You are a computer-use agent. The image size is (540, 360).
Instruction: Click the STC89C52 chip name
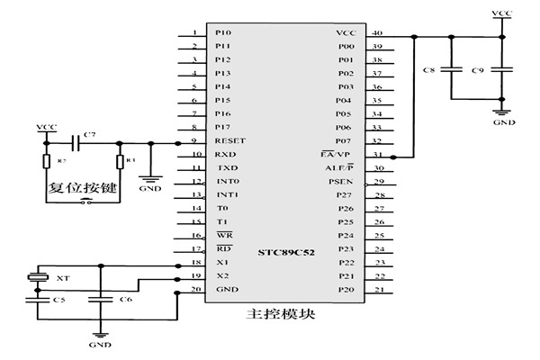[287, 249]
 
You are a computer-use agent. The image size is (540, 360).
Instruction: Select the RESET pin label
[229, 140]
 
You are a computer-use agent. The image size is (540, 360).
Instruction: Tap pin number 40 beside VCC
[377, 31]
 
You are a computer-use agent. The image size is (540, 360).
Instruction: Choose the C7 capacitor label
[88, 135]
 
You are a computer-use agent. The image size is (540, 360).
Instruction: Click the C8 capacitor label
[428, 69]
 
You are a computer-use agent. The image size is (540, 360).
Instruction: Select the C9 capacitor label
[478, 69]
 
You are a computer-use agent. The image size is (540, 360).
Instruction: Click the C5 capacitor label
[58, 299]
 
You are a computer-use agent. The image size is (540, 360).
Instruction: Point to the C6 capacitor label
[126, 299]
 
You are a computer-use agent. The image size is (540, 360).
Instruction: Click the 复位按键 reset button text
[77, 190]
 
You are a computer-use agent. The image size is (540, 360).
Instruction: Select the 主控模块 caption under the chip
[274, 315]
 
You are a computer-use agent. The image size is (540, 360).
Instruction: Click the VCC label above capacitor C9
[502, 13]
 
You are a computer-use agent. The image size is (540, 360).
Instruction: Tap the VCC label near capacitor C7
[45, 128]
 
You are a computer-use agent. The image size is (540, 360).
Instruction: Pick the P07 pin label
[344, 140]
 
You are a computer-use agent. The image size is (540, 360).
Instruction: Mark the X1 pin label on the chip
[222, 262]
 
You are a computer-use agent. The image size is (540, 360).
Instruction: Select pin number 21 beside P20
[377, 289]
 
